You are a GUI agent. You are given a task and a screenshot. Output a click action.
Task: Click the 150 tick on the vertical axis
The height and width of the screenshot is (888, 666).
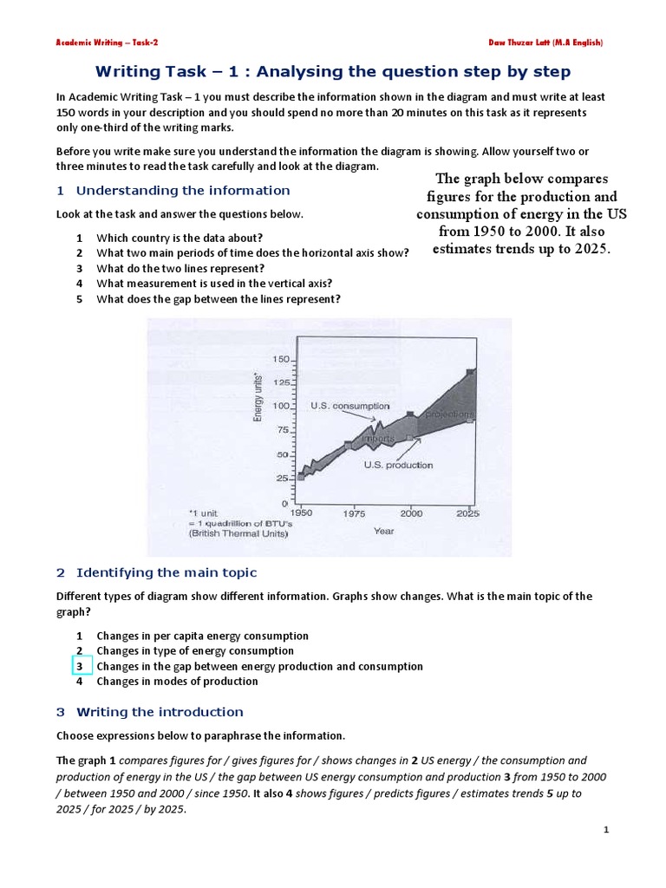(x=281, y=359)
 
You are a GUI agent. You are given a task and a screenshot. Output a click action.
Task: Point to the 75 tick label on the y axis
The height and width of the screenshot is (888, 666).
(x=282, y=430)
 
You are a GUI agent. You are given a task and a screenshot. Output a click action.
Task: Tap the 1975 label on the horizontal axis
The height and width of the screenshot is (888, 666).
(x=352, y=513)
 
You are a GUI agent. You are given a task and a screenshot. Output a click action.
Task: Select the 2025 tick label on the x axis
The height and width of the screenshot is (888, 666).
(x=467, y=513)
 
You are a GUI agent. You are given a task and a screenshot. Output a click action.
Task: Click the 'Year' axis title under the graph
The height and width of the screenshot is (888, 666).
(x=383, y=531)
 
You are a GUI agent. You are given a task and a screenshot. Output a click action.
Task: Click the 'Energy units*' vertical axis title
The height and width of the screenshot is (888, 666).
(x=258, y=396)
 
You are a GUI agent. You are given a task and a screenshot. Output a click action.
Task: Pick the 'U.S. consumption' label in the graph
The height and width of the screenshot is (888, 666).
(x=349, y=406)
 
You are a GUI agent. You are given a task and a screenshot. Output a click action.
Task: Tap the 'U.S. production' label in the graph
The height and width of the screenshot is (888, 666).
(x=398, y=465)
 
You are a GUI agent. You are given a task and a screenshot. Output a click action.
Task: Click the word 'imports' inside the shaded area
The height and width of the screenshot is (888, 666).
(x=378, y=438)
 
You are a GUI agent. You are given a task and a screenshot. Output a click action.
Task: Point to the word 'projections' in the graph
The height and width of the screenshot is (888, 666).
(x=449, y=415)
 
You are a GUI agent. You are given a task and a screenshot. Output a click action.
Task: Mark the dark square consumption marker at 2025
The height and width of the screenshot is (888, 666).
(x=470, y=372)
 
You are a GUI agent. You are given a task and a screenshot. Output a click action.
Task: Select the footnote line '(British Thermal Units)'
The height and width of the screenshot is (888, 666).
(x=238, y=534)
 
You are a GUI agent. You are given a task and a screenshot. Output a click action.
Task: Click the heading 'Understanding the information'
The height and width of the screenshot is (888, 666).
(x=183, y=191)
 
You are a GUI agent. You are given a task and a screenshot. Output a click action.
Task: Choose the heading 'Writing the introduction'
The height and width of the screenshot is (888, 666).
(x=160, y=712)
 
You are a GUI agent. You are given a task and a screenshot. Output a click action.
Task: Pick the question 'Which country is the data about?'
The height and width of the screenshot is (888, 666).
(x=180, y=238)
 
